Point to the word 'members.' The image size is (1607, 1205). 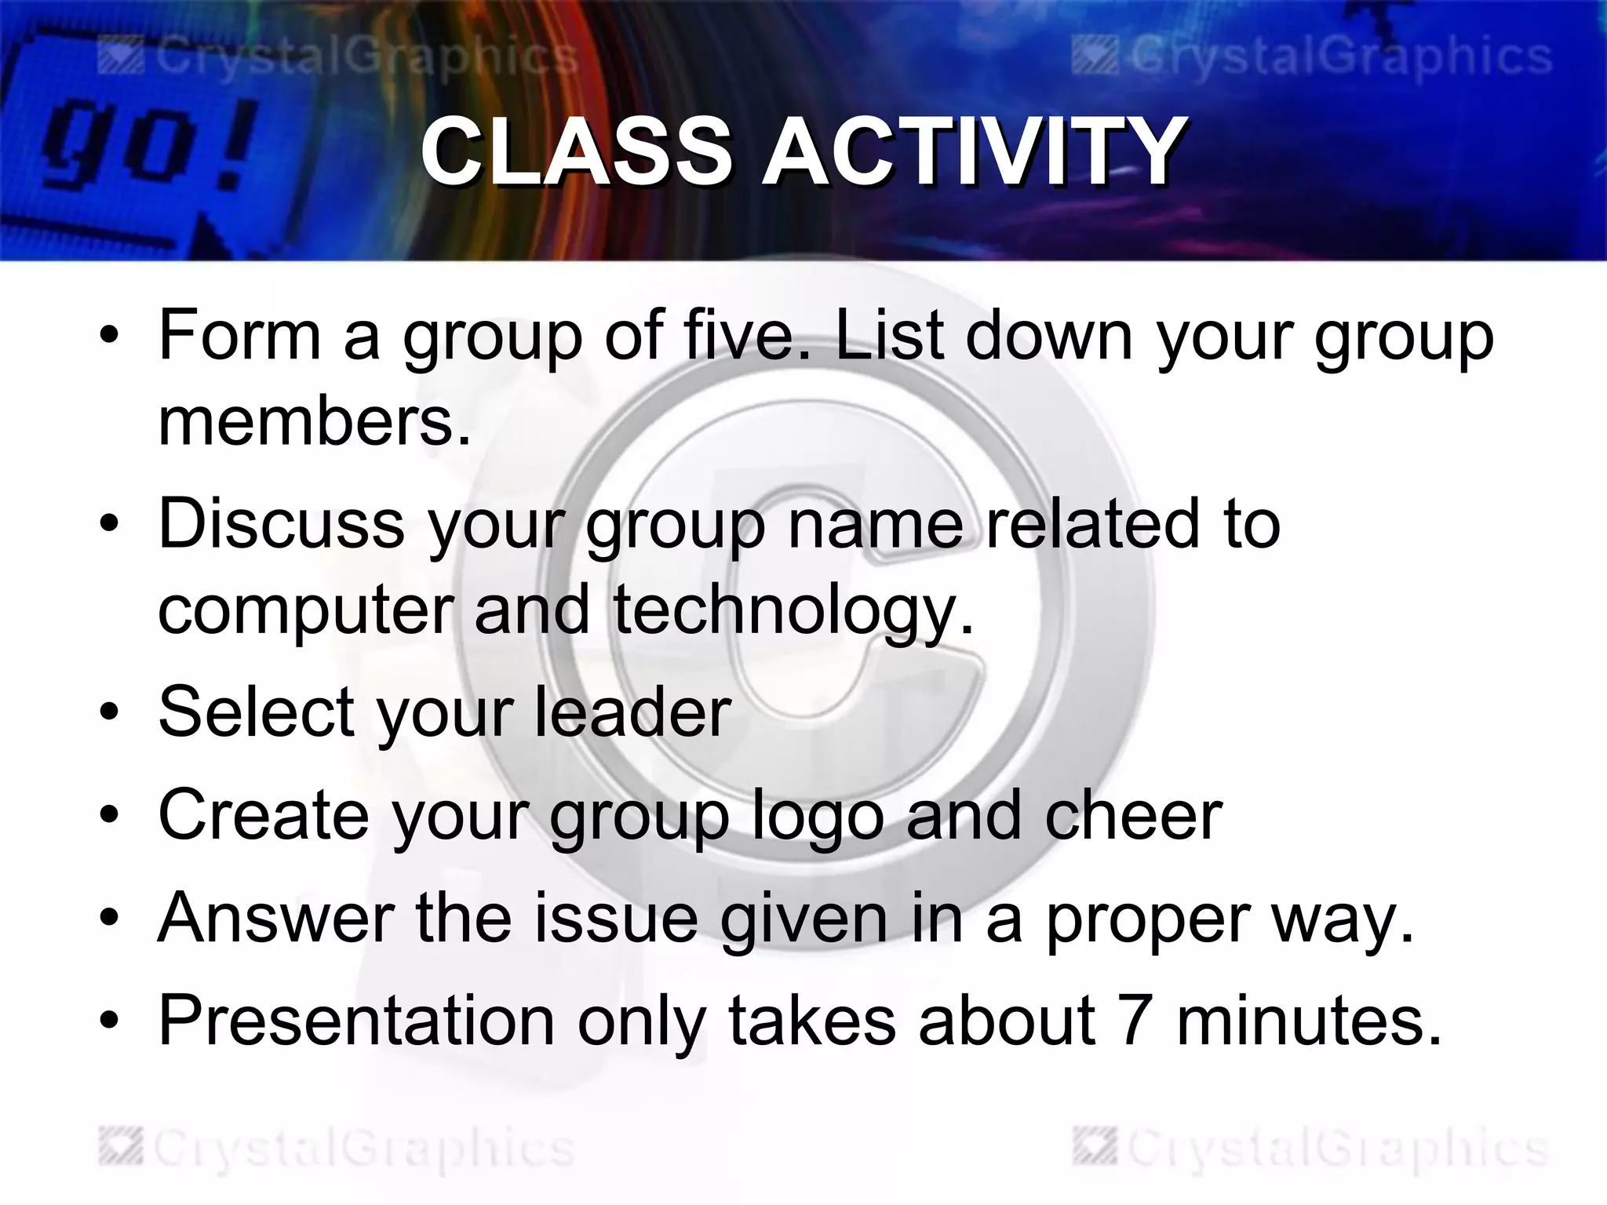coord(315,422)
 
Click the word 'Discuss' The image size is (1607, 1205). coord(282,524)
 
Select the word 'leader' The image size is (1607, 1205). coord(632,712)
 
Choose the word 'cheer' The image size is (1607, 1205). coord(1133,816)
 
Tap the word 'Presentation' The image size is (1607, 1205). coord(357,1021)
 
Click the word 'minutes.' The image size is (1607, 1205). coord(1309,1021)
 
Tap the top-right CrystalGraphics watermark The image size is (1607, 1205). coord(1312,56)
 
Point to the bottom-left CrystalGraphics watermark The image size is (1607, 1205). coord(337,1149)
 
